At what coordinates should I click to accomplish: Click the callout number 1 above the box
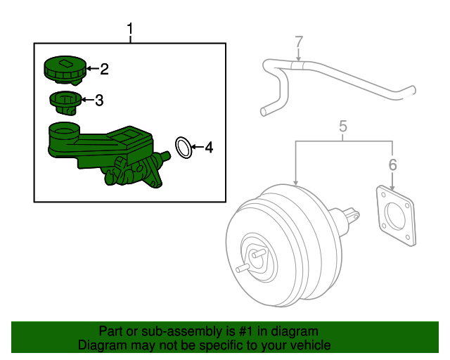130,29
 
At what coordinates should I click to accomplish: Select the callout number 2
104,69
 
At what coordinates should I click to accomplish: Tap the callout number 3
99,101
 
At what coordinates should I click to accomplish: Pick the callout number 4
208,148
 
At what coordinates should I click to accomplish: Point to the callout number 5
343,127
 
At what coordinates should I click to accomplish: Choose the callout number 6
392,165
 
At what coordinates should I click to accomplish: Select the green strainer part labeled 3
65,103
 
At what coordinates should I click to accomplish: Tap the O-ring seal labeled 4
184,148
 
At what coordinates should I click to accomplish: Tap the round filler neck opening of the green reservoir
65,129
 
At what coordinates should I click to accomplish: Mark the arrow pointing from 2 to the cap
92,69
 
